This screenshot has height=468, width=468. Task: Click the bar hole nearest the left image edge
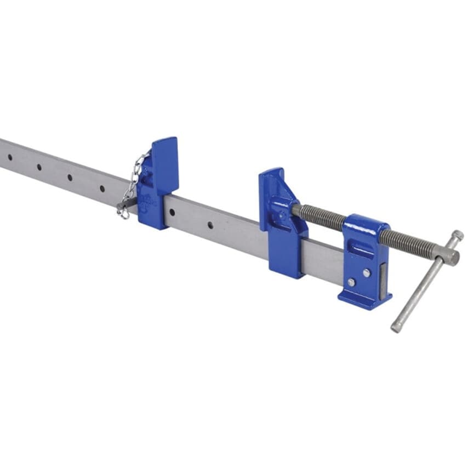[10, 157]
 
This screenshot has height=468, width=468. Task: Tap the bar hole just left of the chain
[102, 188]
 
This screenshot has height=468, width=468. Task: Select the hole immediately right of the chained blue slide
[209, 224]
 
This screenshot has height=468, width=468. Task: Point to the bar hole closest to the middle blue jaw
[209, 224]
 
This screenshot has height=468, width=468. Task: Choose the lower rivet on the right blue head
[351, 283]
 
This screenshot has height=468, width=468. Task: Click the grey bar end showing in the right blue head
[383, 283]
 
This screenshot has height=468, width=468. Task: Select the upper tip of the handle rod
[458, 236]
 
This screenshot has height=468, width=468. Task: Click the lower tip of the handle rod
[395, 329]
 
